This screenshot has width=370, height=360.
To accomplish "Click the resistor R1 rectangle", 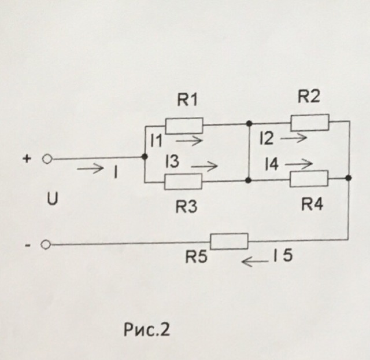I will (x=184, y=125).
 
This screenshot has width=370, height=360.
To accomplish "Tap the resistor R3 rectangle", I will (x=183, y=181).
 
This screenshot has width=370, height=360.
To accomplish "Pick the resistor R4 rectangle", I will (x=309, y=179).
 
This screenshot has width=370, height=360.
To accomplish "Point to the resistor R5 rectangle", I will (x=229, y=241).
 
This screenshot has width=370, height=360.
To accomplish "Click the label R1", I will (x=187, y=101).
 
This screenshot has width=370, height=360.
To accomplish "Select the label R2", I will (x=309, y=97).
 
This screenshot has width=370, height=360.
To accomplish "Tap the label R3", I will (x=187, y=206).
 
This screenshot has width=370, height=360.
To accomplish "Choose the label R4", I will (x=311, y=204).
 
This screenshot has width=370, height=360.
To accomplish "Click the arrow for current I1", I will (x=190, y=140).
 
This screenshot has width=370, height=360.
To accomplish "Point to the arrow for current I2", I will (x=294, y=138).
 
